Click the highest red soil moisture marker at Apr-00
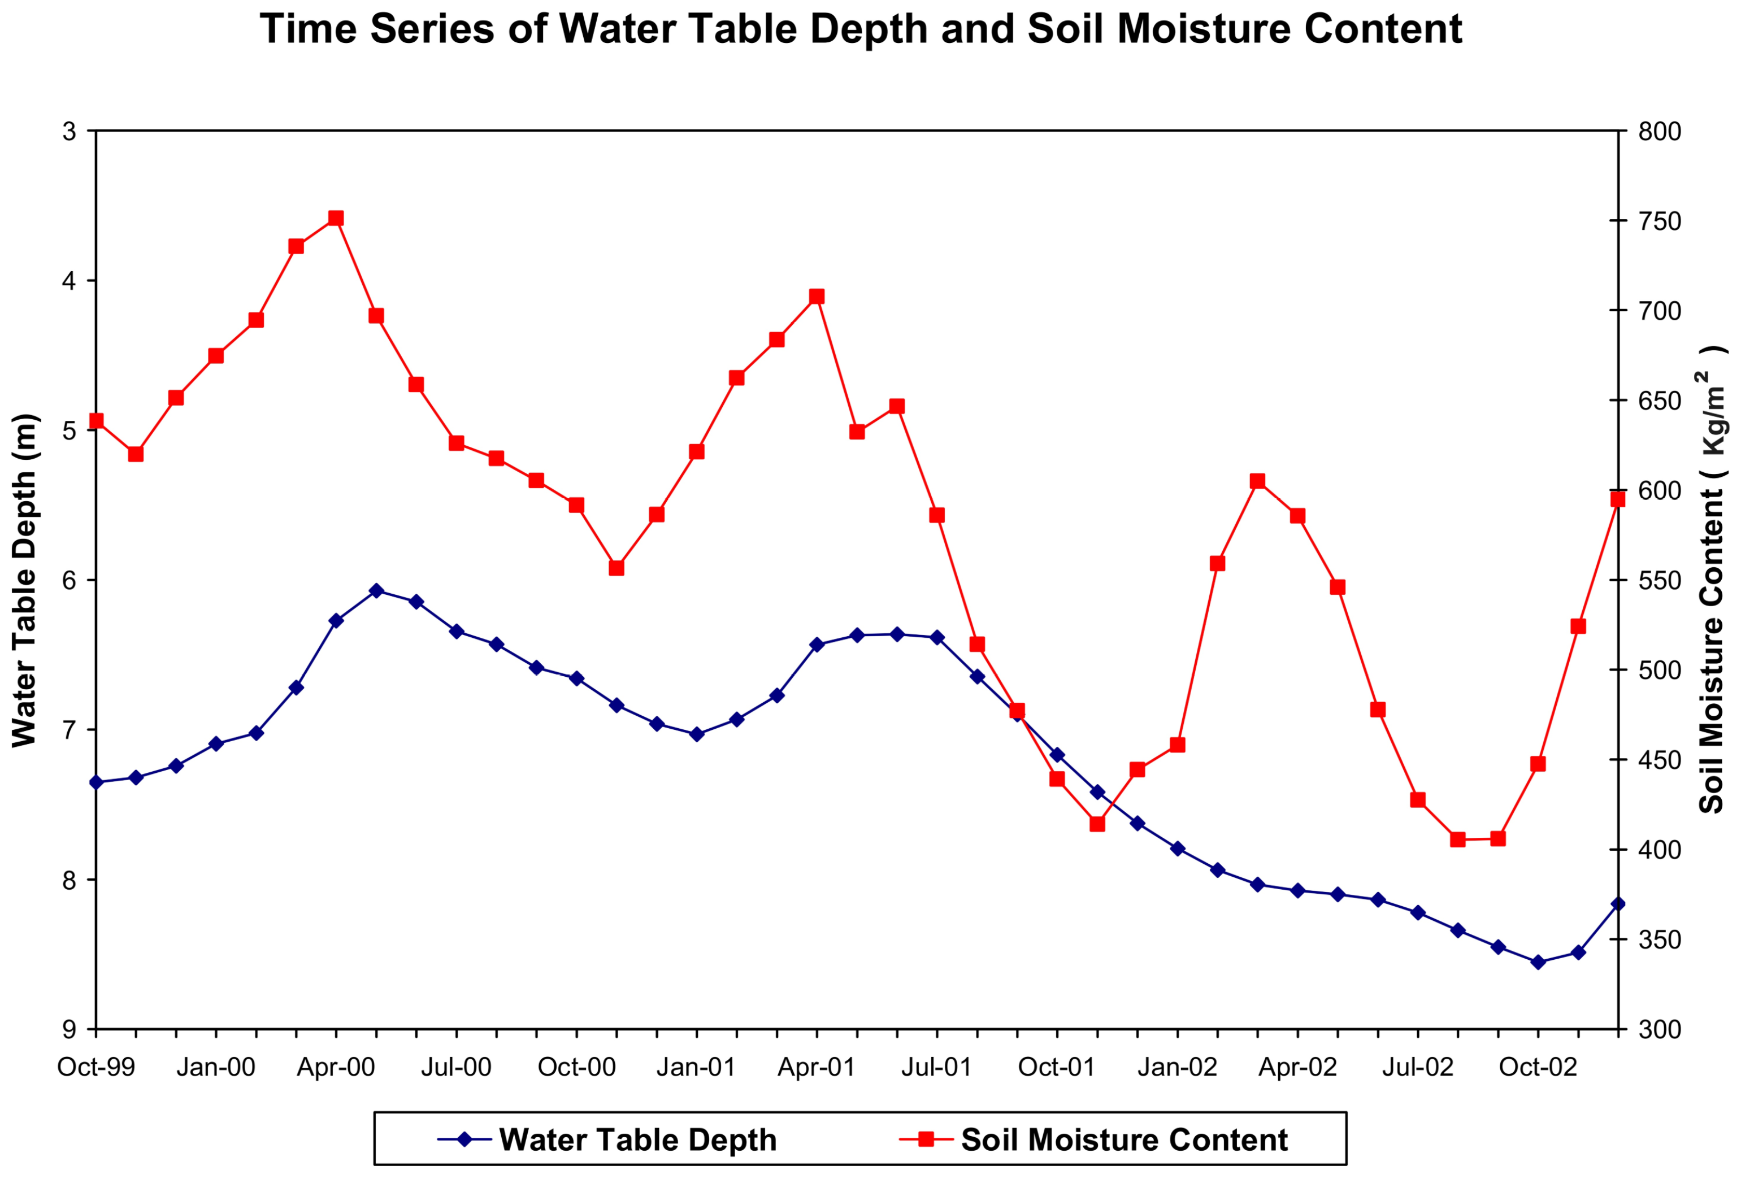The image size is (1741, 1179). tap(336, 218)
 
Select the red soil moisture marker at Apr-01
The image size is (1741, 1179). tap(817, 297)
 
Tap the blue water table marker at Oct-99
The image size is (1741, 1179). tap(96, 782)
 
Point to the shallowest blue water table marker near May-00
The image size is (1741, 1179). tap(376, 590)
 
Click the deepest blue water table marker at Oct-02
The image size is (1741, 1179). tap(1538, 962)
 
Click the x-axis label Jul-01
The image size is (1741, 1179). tap(936, 1067)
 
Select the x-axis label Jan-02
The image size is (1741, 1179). tap(1177, 1067)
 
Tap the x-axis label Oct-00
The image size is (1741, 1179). tap(576, 1067)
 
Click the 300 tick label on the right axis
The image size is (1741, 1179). tap(1659, 1029)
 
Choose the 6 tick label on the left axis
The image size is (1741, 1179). tap(69, 581)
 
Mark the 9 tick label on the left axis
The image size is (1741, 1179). tap(69, 1030)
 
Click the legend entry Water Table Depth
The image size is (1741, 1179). tap(637, 1139)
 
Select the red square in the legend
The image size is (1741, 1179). tap(926, 1139)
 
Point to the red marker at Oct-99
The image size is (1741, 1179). tap(96, 421)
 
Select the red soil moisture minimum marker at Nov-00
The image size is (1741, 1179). tap(616, 568)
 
